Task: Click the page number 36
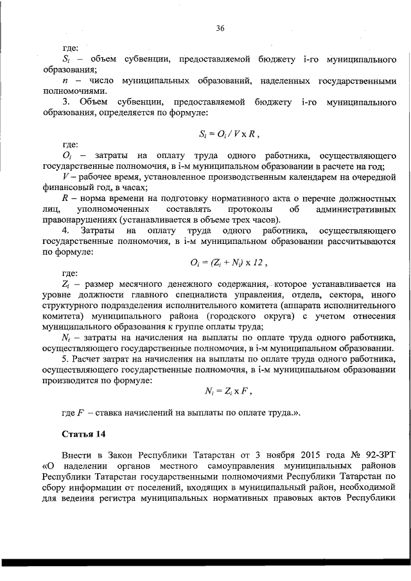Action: pyautogui.click(x=220, y=28)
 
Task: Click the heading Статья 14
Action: pyautogui.click(x=83, y=435)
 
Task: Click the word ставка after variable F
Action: pyautogui.click(x=120, y=412)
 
